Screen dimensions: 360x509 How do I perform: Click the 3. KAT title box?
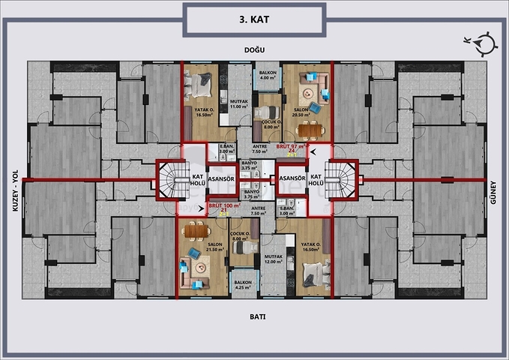[x=254, y=19]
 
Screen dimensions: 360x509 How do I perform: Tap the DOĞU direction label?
[x=254, y=50]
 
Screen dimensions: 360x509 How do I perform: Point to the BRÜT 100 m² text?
[x=223, y=205]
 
